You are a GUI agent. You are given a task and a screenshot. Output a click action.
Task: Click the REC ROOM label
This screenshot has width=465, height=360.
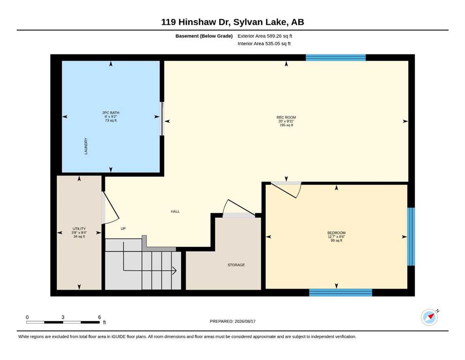tap(286, 118)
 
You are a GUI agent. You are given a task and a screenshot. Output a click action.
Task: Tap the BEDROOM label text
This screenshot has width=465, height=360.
tap(336, 233)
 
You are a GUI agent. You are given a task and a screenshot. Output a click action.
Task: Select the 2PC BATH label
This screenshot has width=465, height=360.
tap(111, 113)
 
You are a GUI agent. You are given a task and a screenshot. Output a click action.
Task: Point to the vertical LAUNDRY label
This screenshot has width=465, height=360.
tap(86, 146)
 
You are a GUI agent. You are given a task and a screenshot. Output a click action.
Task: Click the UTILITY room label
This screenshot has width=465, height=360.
tap(79, 229)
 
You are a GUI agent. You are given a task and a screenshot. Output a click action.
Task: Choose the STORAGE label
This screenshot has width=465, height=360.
tap(236, 265)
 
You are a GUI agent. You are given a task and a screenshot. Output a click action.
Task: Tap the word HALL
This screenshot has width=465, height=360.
tap(175, 211)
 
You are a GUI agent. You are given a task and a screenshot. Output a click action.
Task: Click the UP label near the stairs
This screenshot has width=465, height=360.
tap(123, 229)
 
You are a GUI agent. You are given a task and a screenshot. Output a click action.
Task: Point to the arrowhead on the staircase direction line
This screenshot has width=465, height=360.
tap(175, 270)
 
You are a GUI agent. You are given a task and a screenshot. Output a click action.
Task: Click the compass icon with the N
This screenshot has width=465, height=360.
tap(429, 317)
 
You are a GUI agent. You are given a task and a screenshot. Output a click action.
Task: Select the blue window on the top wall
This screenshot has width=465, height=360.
tap(336, 58)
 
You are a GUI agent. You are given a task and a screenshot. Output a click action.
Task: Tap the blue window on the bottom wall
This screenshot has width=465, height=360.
tap(340, 292)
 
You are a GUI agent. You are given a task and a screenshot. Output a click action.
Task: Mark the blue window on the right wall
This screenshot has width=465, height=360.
tap(411, 237)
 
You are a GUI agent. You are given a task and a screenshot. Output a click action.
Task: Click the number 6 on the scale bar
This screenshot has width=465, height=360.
tap(100, 317)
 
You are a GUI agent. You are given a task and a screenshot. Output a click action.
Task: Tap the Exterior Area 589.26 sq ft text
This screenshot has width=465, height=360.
tap(265, 36)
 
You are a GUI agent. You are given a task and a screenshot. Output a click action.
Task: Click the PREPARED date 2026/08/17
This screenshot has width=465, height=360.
tap(245, 321)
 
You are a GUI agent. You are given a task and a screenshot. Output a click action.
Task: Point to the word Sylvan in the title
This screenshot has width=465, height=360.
tap(245, 22)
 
